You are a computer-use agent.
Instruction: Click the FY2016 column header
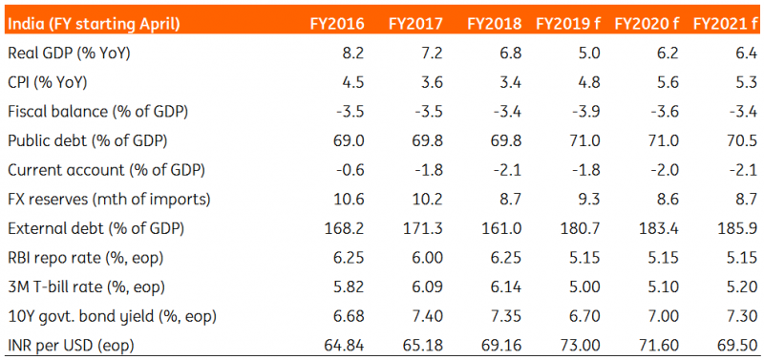[x=337, y=24]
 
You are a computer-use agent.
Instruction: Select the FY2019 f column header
[x=568, y=24]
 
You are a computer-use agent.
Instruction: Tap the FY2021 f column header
[x=725, y=24]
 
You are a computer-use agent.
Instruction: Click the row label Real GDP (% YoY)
[x=69, y=53]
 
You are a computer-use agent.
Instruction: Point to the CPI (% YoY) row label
[x=47, y=83]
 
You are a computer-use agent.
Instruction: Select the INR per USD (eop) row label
[x=71, y=346]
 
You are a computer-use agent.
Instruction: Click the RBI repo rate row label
[x=85, y=258]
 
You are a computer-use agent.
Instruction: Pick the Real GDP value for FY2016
[x=351, y=53]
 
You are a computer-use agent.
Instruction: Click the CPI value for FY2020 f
[x=667, y=83]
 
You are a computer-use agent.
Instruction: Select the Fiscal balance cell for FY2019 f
[x=584, y=112]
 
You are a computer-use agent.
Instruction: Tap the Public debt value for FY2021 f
[x=741, y=141]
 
